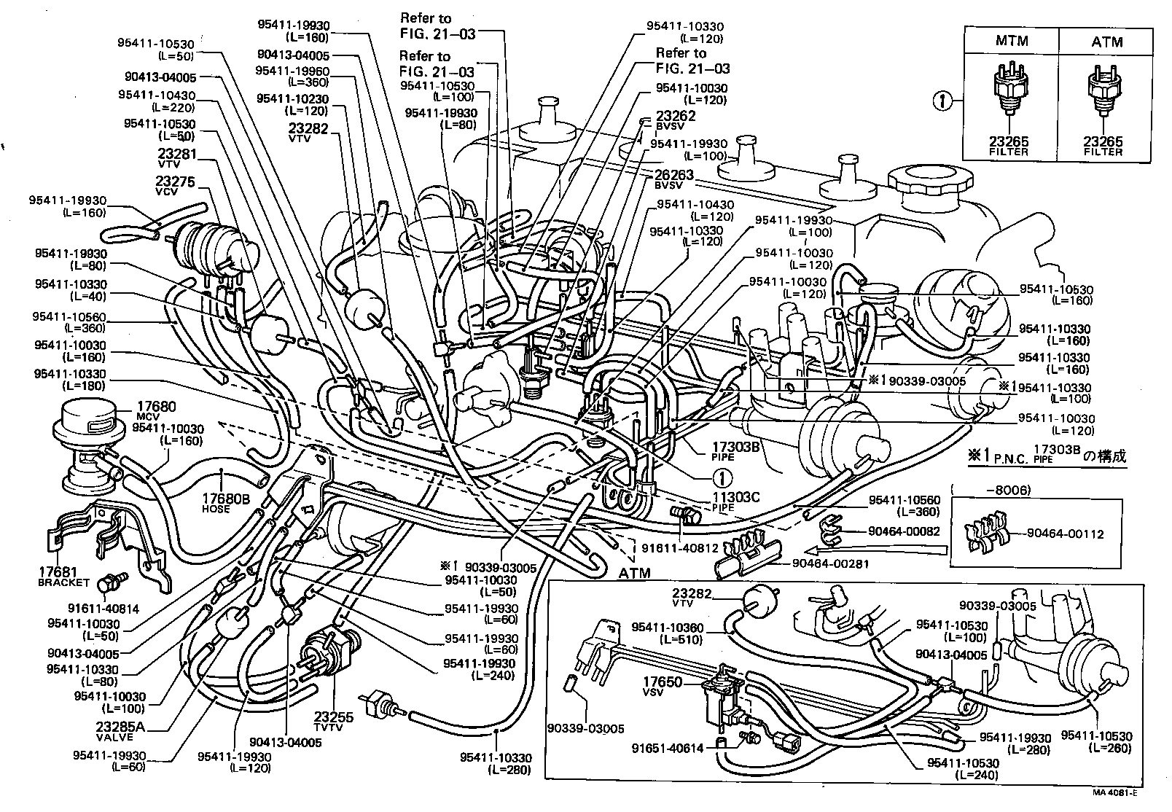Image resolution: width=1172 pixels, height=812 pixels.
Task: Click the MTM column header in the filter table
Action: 1012,42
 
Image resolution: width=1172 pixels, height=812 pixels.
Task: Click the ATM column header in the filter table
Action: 1106,42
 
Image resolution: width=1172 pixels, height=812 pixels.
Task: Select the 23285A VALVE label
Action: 120,730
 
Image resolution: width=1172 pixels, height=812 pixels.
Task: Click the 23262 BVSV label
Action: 676,120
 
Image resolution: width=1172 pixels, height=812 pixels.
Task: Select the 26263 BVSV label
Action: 674,179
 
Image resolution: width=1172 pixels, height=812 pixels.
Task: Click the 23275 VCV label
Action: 176,186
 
